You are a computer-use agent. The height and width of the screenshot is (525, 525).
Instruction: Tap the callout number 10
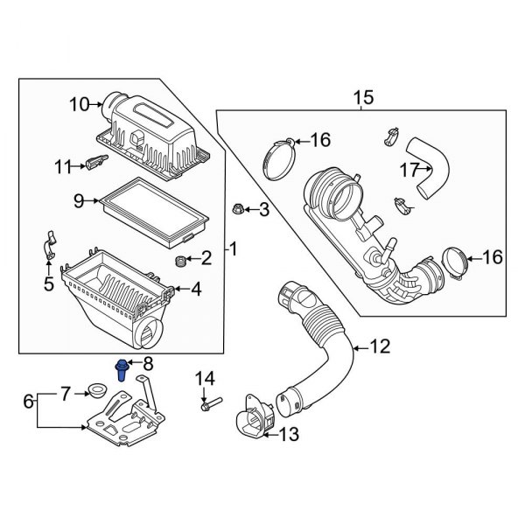[80, 105]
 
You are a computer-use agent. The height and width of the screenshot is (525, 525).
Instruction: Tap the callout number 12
[378, 346]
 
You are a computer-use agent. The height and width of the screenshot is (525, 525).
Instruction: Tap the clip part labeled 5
[49, 248]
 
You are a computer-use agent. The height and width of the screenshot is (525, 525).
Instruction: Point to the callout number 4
[196, 288]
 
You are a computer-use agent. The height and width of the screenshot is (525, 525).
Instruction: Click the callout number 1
[234, 249]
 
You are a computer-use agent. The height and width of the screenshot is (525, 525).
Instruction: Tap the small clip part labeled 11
[96, 160]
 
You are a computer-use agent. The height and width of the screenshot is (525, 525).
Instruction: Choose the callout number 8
[148, 362]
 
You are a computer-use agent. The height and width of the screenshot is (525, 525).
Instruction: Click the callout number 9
[78, 201]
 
